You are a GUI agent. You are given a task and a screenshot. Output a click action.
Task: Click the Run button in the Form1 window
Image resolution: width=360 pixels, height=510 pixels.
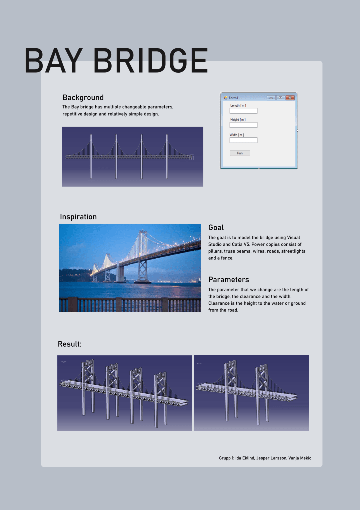point(240,153)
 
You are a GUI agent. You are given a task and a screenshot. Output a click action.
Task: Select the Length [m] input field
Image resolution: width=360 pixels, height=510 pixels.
point(243,111)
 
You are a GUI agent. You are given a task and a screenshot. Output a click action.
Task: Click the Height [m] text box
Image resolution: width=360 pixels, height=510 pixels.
point(243,125)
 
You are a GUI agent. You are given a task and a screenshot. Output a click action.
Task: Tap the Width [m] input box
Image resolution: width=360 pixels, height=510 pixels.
point(243,140)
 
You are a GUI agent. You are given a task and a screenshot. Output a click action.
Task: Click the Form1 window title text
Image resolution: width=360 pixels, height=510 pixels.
point(234,98)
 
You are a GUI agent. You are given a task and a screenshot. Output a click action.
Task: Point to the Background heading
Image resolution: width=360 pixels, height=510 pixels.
point(83,97)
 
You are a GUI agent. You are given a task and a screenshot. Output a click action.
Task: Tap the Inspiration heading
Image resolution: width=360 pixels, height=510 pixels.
point(78,217)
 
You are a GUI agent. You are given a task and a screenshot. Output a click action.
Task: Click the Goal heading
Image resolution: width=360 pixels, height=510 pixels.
point(216,228)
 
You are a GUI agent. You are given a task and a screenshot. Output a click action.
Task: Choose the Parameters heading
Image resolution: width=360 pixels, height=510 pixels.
point(228,280)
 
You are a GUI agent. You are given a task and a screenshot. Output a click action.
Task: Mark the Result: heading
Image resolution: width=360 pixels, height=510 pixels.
point(69,344)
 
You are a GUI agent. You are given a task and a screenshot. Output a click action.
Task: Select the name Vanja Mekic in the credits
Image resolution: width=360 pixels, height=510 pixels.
point(298,458)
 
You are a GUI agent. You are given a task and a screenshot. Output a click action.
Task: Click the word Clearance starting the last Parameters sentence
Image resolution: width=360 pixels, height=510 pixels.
point(220,303)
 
